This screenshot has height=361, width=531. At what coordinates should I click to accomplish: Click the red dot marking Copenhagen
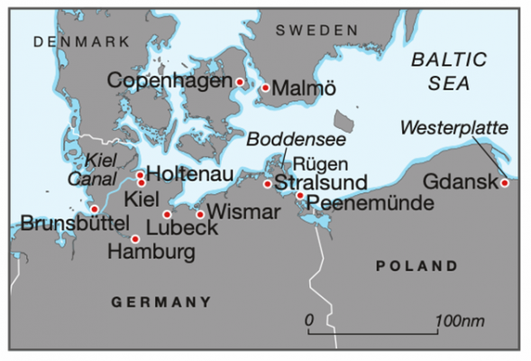click(x=240, y=82)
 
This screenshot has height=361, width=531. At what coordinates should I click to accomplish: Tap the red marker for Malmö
click(x=266, y=88)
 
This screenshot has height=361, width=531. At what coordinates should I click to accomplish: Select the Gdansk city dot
click(x=505, y=183)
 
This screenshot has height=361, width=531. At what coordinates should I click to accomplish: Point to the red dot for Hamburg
click(x=135, y=239)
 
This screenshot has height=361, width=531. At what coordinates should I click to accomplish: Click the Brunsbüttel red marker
click(x=95, y=208)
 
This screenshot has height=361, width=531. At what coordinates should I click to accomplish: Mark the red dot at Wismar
click(x=200, y=214)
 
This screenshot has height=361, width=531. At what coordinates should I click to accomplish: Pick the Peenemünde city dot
click(x=300, y=195)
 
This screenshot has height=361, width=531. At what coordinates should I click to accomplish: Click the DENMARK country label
click(x=69, y=42)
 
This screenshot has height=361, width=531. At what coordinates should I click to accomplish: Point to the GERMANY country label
click(x=161, y=301)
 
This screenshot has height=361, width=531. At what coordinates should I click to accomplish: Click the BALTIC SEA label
click(x=447, y=70)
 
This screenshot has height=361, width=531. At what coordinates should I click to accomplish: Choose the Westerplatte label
click(x=453, y=127)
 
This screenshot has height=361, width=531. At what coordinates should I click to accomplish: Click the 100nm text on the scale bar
click(x=460, y=321)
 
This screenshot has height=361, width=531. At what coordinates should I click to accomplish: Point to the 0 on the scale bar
click(x=309, y=321)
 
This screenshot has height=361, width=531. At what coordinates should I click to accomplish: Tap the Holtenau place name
click(x=189, y=173)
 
